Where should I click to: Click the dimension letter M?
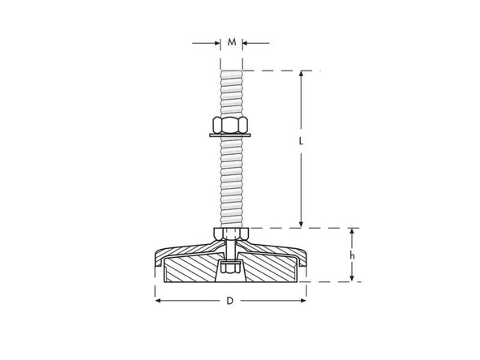pyautogui.click(x=232, y=42)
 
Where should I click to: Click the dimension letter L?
pyautogui.click(x=301, y=141)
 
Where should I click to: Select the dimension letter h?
pyautogui.click(x=351, y=255)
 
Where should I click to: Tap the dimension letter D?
pyautogui.click(x=230, y=301)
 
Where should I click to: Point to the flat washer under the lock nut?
pyautogui.click(x=231, y=135)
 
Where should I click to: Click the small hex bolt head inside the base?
pyautogui.click(x=231, y=268)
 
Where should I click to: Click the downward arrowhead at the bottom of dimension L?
pyautogui.click(x=301, y=224)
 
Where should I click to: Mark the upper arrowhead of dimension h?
pyautogui.click(x=351, y=232)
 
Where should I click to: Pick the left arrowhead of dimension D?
pyautogui.click(x=158, y=301)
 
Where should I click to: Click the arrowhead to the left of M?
pyautogui.click(x=216, y=42)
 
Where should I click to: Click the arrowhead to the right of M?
pyautogui.click(x=247, y=42)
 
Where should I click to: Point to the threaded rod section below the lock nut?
pyautogui.click(x=231, y=182)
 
